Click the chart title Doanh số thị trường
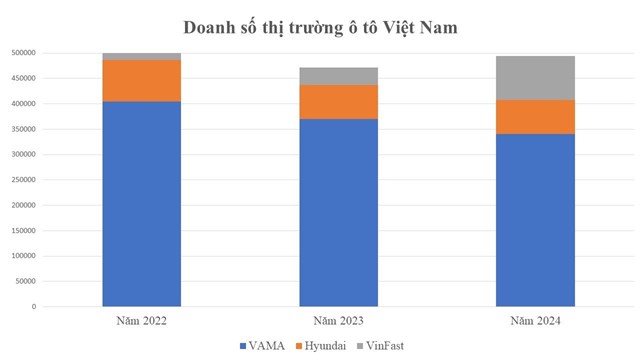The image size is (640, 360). tap(320, 27)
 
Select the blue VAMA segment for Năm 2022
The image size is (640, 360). tap(141, 204)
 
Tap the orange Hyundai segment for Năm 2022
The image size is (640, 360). tap(141, 81)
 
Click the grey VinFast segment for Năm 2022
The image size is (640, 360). tap(141, 56)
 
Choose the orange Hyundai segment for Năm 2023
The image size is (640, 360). tap(338, 101)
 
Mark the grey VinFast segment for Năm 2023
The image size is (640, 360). tap(338, 76)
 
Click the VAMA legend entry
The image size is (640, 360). tap(262, 345)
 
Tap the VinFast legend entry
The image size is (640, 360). tap(387, 345)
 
